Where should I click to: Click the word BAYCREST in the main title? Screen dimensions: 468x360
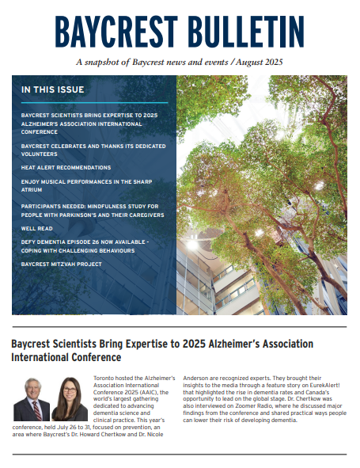112,32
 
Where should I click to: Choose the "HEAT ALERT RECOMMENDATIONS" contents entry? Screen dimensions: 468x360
66,168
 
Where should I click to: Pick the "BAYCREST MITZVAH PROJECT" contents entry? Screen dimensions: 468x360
62,264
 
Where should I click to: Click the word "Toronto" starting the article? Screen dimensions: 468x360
104,358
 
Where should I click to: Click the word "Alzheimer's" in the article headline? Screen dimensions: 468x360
225,344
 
